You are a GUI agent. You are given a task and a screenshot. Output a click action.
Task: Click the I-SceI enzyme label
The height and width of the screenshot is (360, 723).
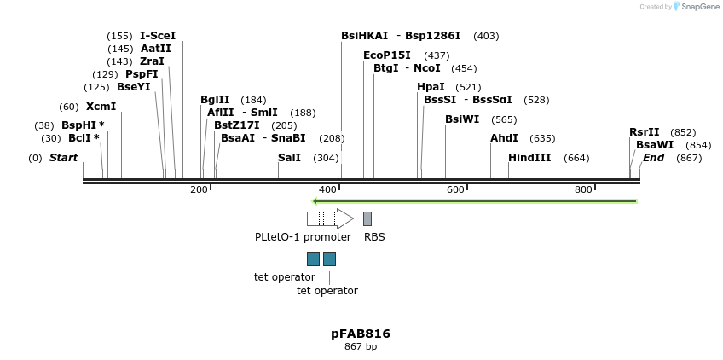point(158,36)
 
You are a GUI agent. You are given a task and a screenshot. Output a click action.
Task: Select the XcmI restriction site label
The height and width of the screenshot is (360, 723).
point(101,107)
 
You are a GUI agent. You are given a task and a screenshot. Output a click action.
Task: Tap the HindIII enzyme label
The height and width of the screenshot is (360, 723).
point(529,158)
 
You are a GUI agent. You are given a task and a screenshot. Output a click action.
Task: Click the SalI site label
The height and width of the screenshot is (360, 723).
point(289,158)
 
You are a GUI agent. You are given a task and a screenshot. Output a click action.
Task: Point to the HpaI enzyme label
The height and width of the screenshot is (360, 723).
point(431,87)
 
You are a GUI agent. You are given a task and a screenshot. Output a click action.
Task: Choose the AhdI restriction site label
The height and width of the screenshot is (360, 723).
point(504,138)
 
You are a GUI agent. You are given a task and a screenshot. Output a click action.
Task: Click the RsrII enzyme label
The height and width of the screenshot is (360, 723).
point(644,132)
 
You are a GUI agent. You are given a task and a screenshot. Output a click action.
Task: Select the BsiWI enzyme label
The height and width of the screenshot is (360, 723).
point(462,119)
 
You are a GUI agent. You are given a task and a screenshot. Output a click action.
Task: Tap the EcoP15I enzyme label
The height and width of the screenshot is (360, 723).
point(386,55)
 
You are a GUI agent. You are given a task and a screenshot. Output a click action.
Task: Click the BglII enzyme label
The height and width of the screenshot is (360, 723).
point(215,100)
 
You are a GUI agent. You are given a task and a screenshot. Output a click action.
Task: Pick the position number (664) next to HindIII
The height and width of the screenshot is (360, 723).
point(576,158)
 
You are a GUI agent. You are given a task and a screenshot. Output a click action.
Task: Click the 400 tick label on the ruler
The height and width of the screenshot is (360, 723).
point(327,189)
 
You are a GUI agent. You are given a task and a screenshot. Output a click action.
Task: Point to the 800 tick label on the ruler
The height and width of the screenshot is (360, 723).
point(583,189)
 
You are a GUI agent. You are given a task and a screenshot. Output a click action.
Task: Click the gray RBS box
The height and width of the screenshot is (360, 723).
point(367,218)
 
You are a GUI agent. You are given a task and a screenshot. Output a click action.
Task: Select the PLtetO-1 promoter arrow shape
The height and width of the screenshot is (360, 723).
point(330,218)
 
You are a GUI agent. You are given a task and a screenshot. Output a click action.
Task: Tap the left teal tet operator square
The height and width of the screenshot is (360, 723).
point(313,258)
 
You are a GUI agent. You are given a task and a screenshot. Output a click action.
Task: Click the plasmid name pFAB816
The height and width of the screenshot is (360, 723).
point(361,334)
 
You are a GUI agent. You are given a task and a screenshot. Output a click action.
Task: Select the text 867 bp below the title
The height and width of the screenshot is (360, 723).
point(361,347)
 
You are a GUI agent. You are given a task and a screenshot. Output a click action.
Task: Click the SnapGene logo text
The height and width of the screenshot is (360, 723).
point(701,7)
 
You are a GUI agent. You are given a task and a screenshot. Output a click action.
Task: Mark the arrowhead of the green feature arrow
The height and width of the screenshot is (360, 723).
point(315,201)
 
